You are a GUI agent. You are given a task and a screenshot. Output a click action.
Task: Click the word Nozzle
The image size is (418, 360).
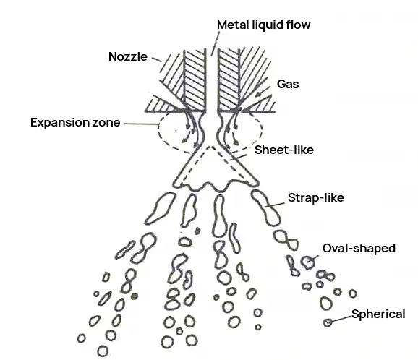[128, 57]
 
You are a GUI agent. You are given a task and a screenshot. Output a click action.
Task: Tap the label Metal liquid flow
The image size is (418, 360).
[264, 25]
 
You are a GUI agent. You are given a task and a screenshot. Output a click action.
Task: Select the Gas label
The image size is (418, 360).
[288, 84]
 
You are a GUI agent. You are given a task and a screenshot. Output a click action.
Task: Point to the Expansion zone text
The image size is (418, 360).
[75, 123]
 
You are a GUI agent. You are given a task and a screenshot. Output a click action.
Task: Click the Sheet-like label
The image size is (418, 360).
[284, 150]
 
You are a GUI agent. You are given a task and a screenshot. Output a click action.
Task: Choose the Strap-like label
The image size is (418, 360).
[316, 198]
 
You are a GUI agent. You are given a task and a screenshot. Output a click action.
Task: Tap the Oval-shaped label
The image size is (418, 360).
[359, 249]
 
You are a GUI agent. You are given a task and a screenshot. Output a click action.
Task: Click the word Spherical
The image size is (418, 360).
[378, 314]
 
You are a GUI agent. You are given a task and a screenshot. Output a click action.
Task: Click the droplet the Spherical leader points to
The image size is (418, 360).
[328, 322]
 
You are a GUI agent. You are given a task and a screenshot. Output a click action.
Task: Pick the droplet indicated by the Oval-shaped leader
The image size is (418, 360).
[307, 262]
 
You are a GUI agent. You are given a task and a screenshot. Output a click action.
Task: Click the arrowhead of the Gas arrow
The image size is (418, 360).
[258, 94]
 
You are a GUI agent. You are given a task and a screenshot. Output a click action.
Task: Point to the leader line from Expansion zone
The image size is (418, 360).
[142, 124]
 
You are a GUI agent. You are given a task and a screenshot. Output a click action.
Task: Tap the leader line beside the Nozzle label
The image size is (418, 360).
[157, 59]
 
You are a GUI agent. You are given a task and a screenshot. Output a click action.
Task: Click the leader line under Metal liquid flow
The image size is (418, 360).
[216, 43]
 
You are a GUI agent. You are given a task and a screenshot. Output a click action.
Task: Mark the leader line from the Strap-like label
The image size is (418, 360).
[275, 205]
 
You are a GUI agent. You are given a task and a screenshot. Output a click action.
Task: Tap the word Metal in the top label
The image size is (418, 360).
[234, 25]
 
